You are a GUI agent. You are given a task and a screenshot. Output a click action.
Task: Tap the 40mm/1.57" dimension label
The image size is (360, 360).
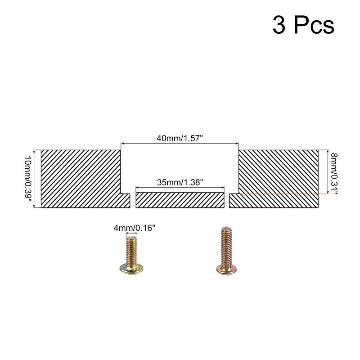point(180,138)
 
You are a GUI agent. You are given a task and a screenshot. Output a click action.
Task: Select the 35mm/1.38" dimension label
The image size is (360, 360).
point(180,182)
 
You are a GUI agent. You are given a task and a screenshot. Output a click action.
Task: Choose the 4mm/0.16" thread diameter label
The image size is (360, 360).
point(131,228)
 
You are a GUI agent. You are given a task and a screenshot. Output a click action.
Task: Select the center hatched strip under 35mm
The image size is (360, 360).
point(180,200)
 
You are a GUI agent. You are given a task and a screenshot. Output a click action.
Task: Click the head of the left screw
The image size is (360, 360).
point(131,269)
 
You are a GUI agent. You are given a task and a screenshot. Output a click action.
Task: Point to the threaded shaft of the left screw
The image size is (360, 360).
point(131,250)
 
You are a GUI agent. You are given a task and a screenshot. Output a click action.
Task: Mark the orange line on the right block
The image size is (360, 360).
point(279,193)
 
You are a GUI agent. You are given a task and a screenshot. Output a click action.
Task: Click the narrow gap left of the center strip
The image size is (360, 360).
point(133,200)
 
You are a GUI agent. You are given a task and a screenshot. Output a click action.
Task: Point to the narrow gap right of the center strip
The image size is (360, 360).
point(227,200)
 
